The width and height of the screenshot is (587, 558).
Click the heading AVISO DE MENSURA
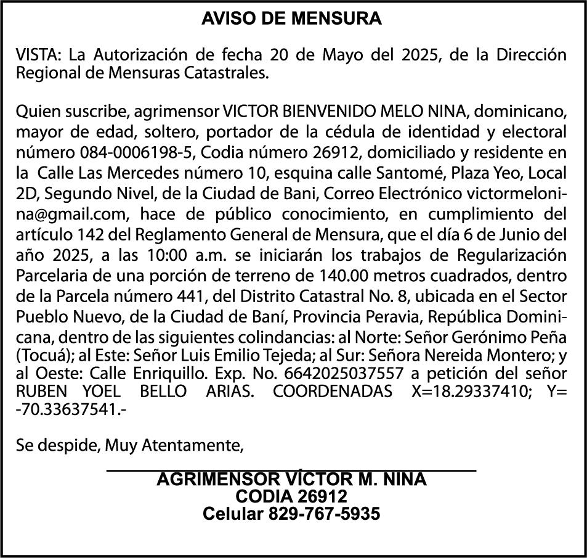point(292,19)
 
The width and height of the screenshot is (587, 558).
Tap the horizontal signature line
point(291,470)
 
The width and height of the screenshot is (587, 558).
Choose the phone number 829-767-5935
point(323,514)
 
